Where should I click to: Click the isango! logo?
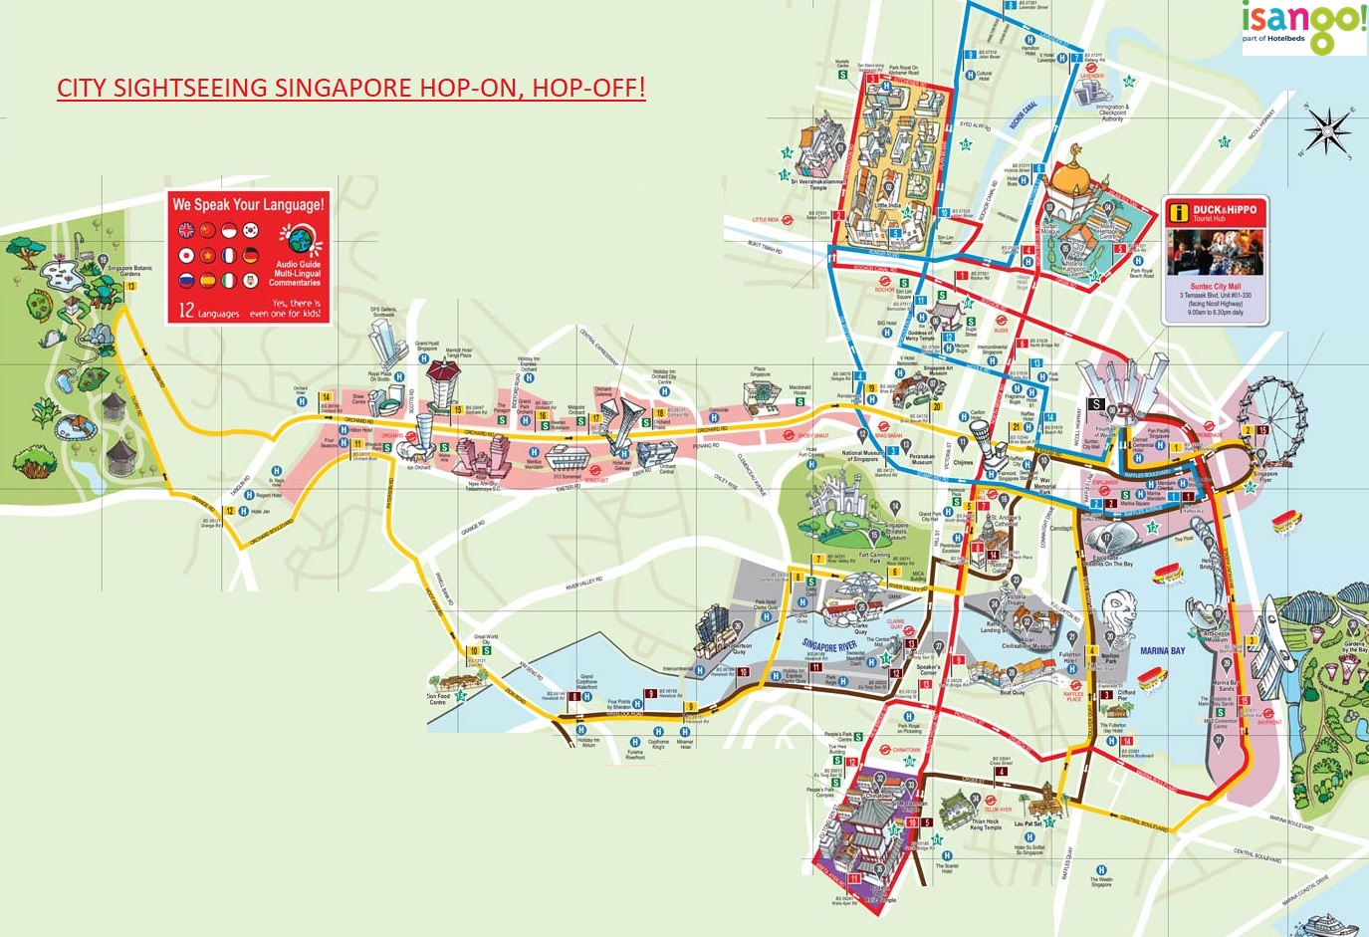pyautogui.click(x=1304, y=25)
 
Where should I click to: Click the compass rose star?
pyautogui.click(x=1328, y=131)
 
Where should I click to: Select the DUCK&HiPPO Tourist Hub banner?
pyautogui.click(x=1215, y=211)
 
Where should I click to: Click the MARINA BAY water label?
pyautogui.click(x=1162, y=651)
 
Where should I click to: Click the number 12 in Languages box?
pyautogui.click(x=186, y=310)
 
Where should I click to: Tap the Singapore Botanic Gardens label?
pyautogui.click(x=130, y=271)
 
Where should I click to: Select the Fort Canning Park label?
pyautogui.click(x=874, y=558)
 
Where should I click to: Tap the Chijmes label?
pyautogui.click(x=963, y=463)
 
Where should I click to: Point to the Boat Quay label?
pyautogui.click(x=1012, y=692)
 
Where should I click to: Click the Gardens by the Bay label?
pyautogui.click(x=1353, y=647)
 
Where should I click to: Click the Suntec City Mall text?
pyautogui.click(x=1215, y=287)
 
